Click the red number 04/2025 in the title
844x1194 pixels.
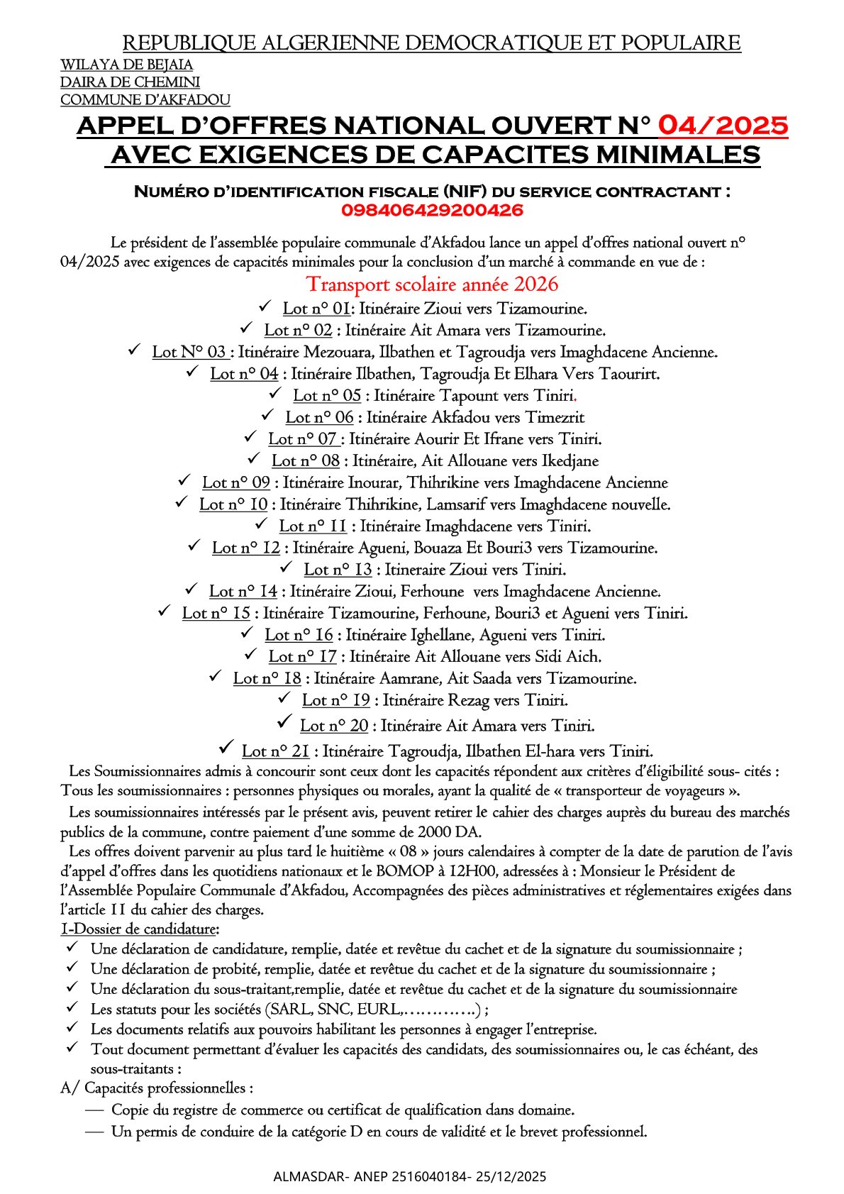723,126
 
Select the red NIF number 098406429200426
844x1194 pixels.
432,211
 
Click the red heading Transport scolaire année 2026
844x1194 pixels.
432,284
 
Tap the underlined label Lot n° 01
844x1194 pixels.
316,309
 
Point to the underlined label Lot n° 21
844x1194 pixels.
275,751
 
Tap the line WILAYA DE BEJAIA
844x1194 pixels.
126,65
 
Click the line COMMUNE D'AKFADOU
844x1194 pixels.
145,100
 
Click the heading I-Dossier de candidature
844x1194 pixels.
140,929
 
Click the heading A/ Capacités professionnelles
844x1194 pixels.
157,1088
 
